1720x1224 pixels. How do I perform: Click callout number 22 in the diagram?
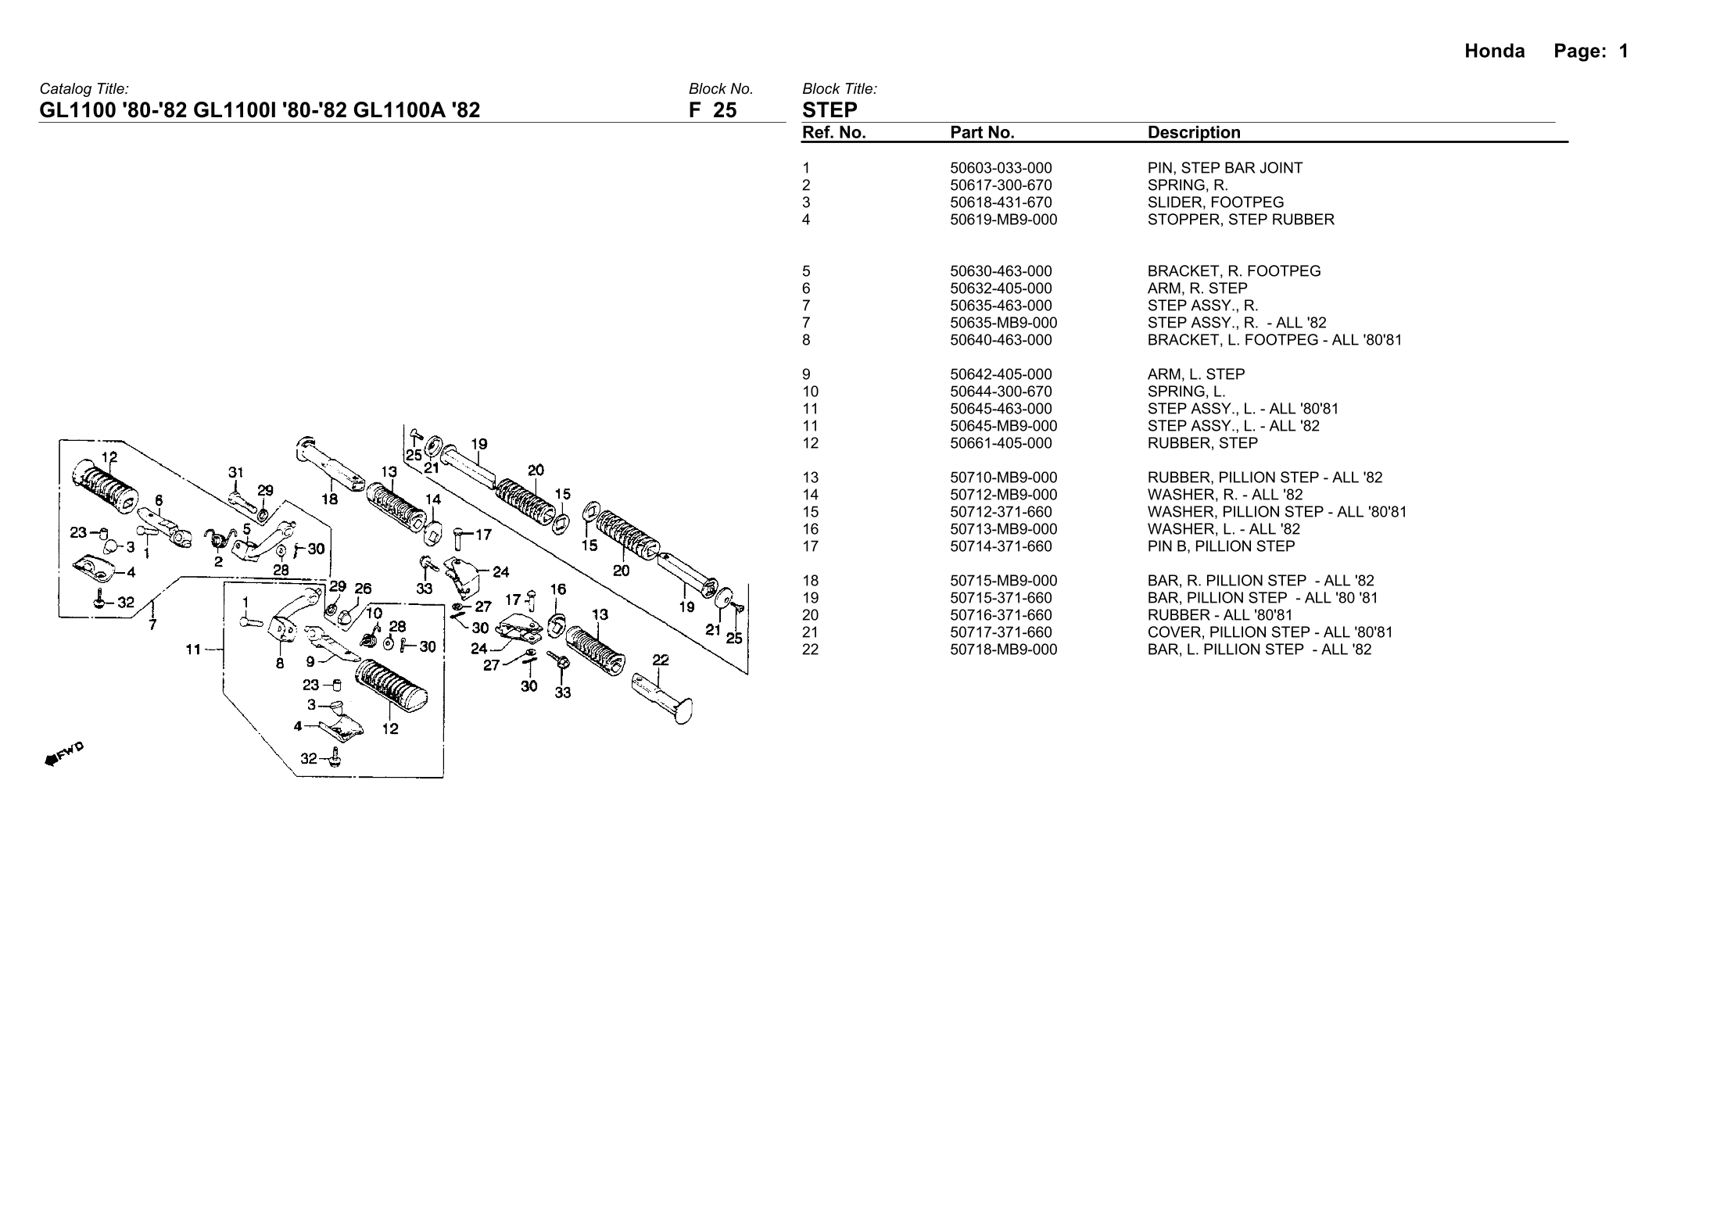(661, 660)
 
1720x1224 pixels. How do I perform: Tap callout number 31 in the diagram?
(236, 472)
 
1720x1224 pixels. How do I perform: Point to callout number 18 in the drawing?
(329, 499)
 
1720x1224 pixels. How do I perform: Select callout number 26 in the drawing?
(363, 589)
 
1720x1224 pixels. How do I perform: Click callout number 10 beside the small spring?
(374, 614)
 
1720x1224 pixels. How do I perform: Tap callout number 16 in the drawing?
(557, 589)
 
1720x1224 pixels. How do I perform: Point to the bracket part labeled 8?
(281, 629)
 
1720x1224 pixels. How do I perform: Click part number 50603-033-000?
(1001, 168)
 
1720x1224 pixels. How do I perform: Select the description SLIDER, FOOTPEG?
(1216, 202)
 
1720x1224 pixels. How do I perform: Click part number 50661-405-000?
(1001, 443)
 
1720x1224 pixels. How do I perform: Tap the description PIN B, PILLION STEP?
(1221, 546)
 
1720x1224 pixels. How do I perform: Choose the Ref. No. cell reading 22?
(811, 650)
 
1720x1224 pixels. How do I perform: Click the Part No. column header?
(982, 133)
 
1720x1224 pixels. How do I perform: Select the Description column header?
(1194, 133)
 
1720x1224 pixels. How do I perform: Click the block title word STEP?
(830, 110)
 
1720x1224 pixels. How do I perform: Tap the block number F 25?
(712, 110)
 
